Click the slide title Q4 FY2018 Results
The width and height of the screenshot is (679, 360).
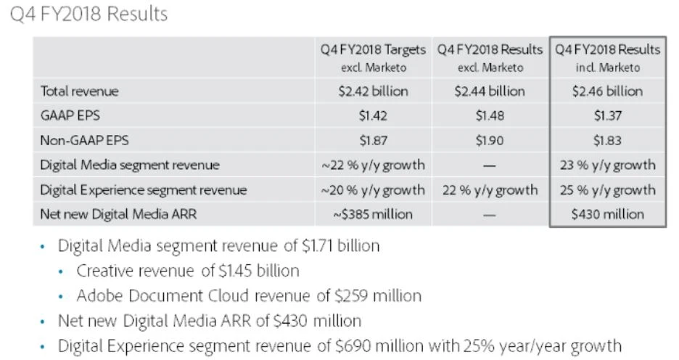(x=89, y=14)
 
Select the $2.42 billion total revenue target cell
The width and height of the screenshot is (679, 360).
(x=373, y=91)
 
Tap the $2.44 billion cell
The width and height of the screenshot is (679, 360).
(x=489, y=91)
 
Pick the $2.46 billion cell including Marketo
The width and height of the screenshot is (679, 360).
(x=607, y=91)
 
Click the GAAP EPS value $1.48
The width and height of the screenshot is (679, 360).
(x=489, y=116)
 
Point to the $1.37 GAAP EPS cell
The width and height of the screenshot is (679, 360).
(x=607, y=116)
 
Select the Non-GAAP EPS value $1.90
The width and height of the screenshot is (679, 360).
(x=489, y=141)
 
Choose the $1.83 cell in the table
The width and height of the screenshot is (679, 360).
(x=607, y=141)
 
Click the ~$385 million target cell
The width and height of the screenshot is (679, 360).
(x=373, y=214)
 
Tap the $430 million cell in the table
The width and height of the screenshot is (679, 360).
(x=607, y=214)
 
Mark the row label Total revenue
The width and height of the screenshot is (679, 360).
(x=79, y=91)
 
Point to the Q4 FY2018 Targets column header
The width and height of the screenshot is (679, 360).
(x=373, y=50)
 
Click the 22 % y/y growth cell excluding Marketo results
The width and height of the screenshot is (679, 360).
(x=489, y=190)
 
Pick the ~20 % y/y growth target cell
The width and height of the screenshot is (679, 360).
(x=373, y=190)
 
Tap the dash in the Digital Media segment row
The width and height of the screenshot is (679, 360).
(x=489, y=165)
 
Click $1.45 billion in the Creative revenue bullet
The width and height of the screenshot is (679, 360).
(x=258, y=271)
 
